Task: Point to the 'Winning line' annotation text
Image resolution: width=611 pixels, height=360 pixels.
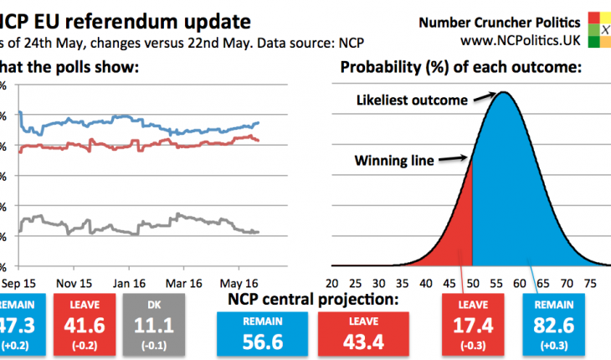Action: tap(394, 161)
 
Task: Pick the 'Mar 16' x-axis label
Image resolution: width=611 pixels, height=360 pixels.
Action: tap(185, 282)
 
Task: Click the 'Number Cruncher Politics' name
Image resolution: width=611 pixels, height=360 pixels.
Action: tap(511, 19)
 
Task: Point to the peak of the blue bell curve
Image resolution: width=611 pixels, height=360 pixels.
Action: tap(504, 94)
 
